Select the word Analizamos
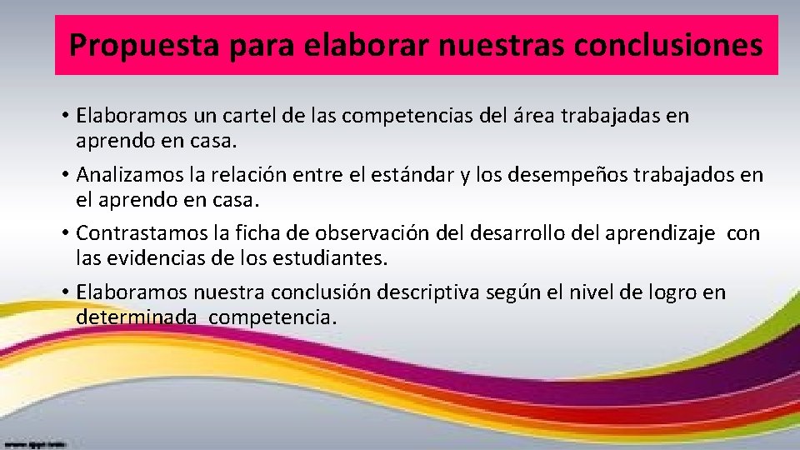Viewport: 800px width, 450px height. tap(129, 175)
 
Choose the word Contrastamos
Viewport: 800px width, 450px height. tap(137, 234)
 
